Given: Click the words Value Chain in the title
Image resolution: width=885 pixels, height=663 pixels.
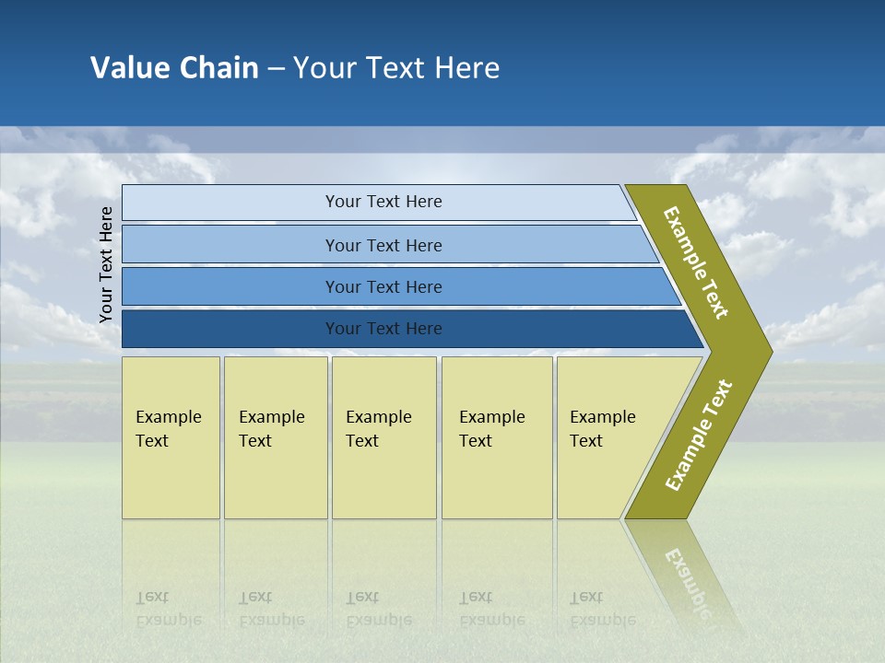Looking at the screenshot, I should (174, 68).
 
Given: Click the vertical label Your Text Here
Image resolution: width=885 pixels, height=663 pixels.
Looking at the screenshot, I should (106, 264).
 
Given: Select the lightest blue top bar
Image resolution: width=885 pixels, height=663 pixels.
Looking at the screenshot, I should (230, 203).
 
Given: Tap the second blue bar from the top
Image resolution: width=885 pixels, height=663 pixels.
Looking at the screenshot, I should (230, 245).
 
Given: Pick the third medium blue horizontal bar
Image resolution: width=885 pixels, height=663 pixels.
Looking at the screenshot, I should (230, 286).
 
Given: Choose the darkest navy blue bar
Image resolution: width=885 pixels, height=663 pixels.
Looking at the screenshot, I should (230, 329).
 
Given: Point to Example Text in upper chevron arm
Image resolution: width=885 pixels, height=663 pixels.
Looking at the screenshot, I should (696, 263).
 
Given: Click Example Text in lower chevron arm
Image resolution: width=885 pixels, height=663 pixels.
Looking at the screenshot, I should (699, 436).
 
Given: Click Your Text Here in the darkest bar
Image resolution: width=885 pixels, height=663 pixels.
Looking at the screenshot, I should (383, 329).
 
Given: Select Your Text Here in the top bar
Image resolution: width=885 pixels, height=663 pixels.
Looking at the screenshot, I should (383, 202).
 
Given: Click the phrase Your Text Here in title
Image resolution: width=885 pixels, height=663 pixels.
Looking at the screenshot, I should (396, 68).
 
